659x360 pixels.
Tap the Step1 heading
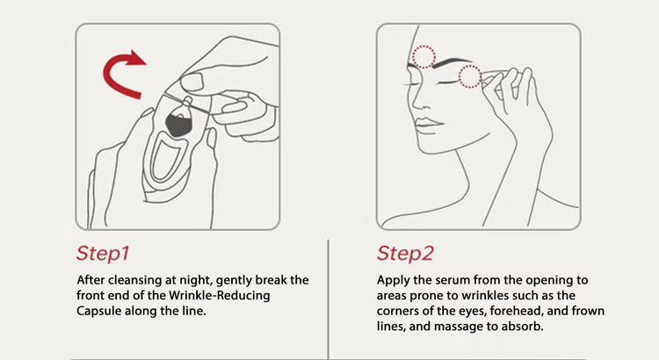pos(103,253)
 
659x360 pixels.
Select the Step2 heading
pos(405,253)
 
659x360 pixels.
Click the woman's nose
pos(416,102)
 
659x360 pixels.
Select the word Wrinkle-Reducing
pos(220,295)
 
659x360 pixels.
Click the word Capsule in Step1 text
pos(98,312)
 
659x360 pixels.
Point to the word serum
pos(453,280)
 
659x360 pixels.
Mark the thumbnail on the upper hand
pos(192,83)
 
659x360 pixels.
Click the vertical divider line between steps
pos(329,299)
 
